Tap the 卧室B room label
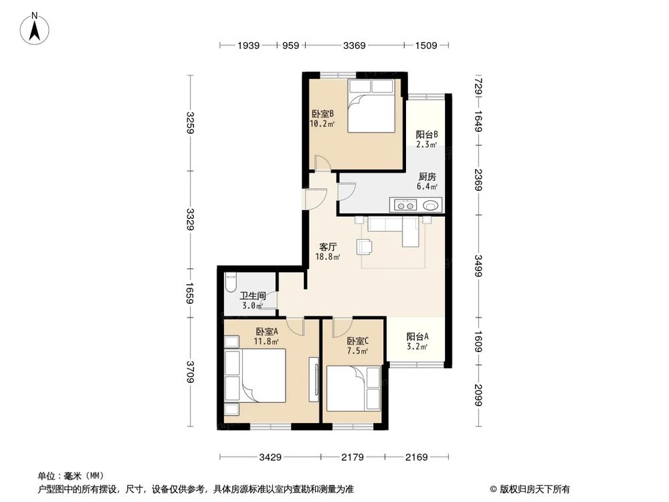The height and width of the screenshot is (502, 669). click(322, 114)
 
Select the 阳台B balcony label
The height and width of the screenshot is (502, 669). click(426, 134)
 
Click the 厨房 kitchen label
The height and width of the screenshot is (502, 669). click(427, 177)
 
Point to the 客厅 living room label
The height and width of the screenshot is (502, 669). click(328, 246)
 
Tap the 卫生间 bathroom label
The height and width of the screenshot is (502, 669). click(254, 295)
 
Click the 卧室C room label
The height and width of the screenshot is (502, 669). click(355, 341)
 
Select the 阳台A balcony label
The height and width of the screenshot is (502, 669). click(417, 337)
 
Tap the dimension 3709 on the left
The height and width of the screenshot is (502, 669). click(191, 371)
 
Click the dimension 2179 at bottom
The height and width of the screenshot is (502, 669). click(352, 458)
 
